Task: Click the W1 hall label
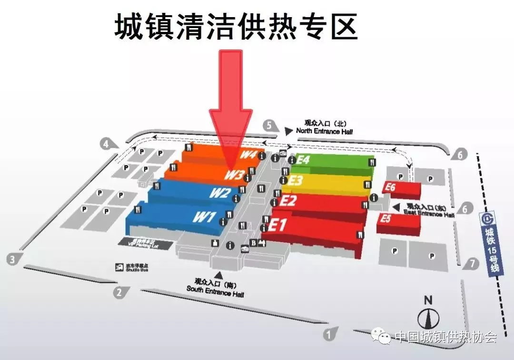pyautogui.click(x=204, y=217)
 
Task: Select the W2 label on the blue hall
pyautogui.click(x=220, y=193)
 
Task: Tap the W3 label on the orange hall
pyautogui.click(x=235, y=175)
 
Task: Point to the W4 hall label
pyautogui.click(x=248, y=155)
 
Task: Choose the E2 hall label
pyautogui.click(x=288, y=201)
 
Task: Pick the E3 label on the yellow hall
pyautogui.click(x=296, y=180)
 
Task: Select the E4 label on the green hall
pyautogui.click(x=303, y=159)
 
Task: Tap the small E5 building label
pyautogui.click(x=386, y=219)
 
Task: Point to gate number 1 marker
pyautogui.click(x=328, y=334)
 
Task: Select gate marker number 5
pyautogui.click(x=270, y=126)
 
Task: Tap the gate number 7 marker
pyautogui.click(x=472, y=263)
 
